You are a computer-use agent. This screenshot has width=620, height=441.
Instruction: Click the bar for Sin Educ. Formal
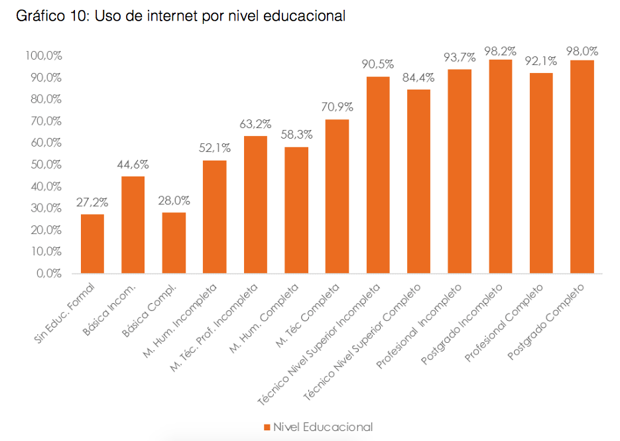[x=92, y=243]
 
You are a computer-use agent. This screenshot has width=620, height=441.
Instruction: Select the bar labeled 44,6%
[x=133, y=224]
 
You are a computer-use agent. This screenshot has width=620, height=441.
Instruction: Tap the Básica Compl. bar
[x=174, y=243]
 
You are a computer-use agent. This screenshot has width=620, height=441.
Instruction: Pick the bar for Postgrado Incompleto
[x=500, y=166]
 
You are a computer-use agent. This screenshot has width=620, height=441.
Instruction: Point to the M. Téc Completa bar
[x=337, y=196]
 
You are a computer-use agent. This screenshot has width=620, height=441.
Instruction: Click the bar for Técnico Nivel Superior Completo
[x=418, y=181]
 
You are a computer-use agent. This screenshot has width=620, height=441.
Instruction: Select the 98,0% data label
[x=582, y=51]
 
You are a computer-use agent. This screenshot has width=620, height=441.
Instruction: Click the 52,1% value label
[x=214, y=149]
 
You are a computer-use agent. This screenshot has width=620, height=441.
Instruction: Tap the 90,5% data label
[x=377, y=64]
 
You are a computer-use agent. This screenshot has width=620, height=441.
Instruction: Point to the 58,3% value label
[x=296, y=134]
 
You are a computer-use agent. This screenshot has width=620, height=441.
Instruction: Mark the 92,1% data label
[x=540, y=61]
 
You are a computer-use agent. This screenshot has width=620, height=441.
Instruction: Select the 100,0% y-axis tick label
[x=43, y=56]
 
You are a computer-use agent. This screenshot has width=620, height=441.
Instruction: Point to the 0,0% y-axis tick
[x=48, y=273]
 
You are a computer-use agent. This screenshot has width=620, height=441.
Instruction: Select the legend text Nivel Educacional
[x=322, y=427]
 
